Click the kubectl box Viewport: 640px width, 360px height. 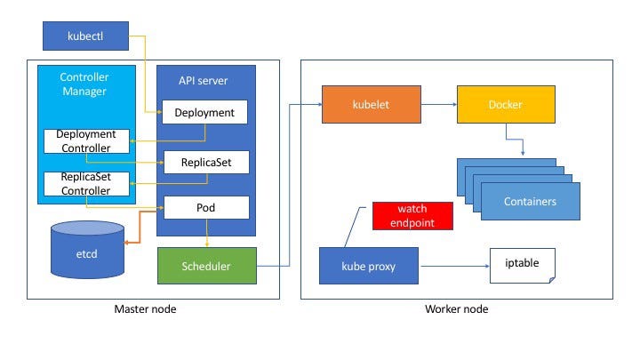pos(85,36)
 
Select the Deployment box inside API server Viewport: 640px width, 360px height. pos(204,112)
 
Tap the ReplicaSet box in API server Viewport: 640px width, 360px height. pos(206,162)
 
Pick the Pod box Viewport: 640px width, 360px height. pos(206,207)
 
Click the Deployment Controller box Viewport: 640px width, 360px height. pos(86,141)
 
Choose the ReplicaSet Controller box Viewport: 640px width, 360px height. pos(86,184)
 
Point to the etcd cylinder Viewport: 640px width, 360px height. pos(87,250)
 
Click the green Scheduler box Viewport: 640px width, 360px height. pos(207,266)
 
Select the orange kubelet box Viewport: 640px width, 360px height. pos(372,105)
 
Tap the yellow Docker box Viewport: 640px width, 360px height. pos(506,105)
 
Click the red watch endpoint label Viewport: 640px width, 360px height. pos(412,216)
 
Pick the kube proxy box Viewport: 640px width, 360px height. pos(369,266)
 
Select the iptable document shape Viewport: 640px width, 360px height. pos(523,266)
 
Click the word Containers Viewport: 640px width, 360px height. pos(530,201)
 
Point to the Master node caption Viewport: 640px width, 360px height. pos(145,309)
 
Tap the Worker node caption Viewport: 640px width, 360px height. pos(456,309)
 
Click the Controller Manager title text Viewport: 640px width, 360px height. pos(84,84)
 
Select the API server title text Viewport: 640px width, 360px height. pos(203,80)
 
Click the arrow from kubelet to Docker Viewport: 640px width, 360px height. pos(439,105)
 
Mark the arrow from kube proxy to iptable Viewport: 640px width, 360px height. pos(455,266)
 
